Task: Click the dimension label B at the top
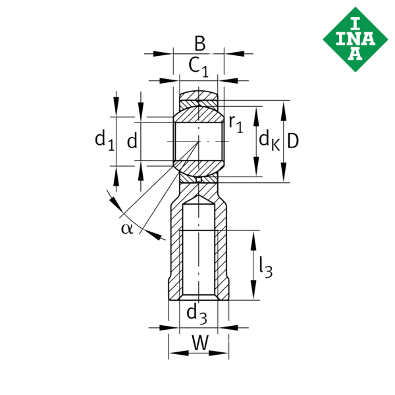tap(199, 44)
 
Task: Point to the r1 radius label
tap(236, 123)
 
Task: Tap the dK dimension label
tap(269, 140)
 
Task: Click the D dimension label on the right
tap(293, 140)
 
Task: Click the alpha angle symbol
tap(126, 228)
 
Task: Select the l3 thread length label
tap(265, 266)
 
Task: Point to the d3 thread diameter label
tap(197, 314)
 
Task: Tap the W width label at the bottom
tap(200, 342)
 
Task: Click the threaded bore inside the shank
tap(198, 250)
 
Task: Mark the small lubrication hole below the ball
tap(198, 177)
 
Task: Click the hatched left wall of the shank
tap(174, 250)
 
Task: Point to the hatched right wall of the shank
tap(223, 250)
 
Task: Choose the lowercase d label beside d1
tap(132, 140)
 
